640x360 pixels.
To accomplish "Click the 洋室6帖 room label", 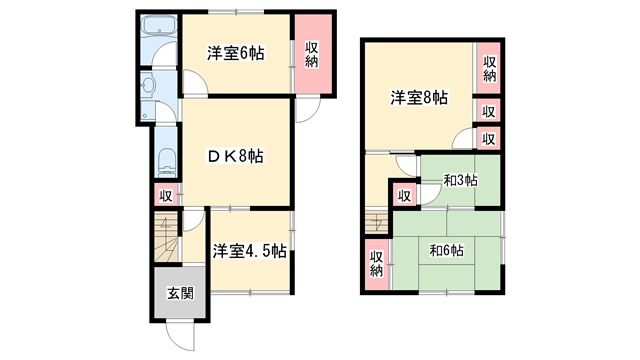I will click(236, 54).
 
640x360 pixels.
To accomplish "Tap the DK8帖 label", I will click(236, 155).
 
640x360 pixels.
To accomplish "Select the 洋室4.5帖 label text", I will click(250, 251).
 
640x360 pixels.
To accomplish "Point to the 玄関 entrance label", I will click(180, 294).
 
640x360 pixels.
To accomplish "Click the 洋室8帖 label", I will click(418, 98).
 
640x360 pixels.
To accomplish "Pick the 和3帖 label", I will click(460, 181).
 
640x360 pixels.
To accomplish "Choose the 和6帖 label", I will click(446, 251).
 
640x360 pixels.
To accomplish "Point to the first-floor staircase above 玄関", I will click(165, 240).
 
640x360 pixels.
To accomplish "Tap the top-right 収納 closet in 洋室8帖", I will click(489, 69).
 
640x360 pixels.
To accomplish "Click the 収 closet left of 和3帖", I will click(404, 196).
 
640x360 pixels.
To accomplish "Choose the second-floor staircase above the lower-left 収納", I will click(377, 223).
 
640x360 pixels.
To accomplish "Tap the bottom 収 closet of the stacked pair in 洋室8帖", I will click(489, 139).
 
